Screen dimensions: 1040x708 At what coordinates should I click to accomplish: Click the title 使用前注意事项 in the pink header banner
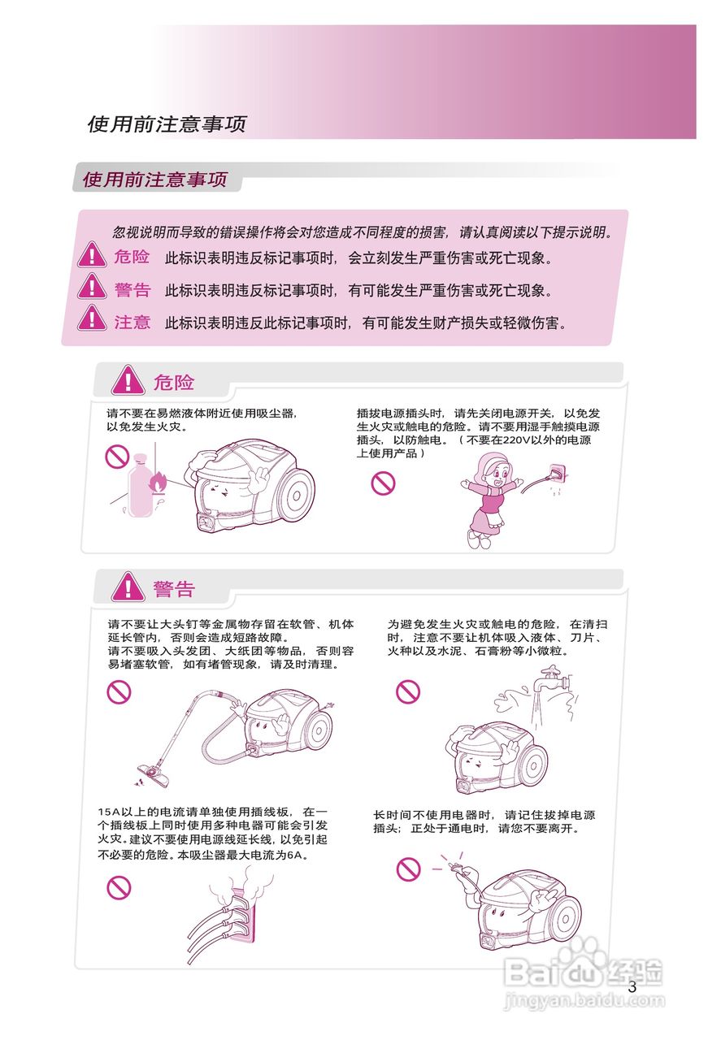[166, 124]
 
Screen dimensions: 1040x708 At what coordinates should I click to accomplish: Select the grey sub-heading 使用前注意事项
[154, 180]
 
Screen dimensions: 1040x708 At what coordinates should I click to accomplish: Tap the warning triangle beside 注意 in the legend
[93, 318]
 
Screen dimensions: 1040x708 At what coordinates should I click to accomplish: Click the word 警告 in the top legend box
[132, 290]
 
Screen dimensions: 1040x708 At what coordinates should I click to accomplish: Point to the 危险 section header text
[174, 382]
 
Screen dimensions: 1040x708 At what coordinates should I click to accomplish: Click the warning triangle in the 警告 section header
[127, 587]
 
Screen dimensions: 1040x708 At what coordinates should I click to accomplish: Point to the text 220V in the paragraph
[517, 440]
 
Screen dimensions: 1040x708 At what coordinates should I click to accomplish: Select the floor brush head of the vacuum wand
[155, 773]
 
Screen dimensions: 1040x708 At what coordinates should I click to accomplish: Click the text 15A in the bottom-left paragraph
[109, 812]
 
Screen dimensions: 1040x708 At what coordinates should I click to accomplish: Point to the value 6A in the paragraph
[295, 856]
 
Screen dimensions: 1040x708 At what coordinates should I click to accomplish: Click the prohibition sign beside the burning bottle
[117, 457]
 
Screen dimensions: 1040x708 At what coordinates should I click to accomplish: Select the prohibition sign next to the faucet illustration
[407, 692]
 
